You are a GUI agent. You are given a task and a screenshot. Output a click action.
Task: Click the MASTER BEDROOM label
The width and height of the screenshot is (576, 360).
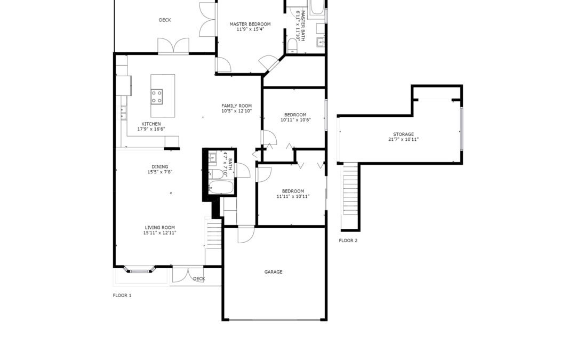pos(250,24)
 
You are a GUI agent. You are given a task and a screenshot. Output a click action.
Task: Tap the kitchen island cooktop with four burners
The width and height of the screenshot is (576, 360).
pos(157,97)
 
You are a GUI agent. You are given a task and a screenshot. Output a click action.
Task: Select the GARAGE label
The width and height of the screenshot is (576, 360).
pos(273,272)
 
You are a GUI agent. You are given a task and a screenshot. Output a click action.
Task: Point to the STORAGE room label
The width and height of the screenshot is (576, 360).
pos(403,134)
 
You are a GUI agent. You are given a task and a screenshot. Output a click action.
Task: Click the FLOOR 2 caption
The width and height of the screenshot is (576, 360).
pos(348,241)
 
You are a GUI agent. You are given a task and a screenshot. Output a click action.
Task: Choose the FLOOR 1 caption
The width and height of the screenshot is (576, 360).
pos(122,295)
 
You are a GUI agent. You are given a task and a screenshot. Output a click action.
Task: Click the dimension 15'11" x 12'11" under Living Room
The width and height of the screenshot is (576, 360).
pos(160,233)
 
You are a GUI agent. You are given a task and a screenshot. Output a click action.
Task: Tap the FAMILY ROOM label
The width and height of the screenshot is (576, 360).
pos(237,106)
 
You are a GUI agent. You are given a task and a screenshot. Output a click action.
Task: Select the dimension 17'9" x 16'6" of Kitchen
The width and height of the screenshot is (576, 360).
pos(151,129)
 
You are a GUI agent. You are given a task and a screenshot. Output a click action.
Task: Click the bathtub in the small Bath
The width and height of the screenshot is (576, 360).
pos(221,187)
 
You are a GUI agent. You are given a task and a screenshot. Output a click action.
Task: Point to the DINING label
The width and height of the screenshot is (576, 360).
pos(160,167)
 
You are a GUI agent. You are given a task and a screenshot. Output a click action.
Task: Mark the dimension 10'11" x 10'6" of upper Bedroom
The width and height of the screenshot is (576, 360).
pos(295,120)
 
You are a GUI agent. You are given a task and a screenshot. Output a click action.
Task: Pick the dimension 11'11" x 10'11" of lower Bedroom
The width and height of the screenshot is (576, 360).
pos(293,196)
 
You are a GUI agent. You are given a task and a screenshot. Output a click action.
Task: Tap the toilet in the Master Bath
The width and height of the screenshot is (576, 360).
pos(292,45)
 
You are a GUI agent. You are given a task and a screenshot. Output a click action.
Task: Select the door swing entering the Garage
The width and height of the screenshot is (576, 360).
pos(246,235)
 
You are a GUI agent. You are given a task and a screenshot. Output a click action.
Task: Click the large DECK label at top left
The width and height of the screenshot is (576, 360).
pos(165,20)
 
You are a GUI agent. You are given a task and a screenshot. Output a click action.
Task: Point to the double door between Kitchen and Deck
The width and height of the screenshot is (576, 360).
pos(173,46)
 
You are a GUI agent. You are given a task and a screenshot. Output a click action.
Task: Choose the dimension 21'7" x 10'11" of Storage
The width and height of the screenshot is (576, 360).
pos(403,140)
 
